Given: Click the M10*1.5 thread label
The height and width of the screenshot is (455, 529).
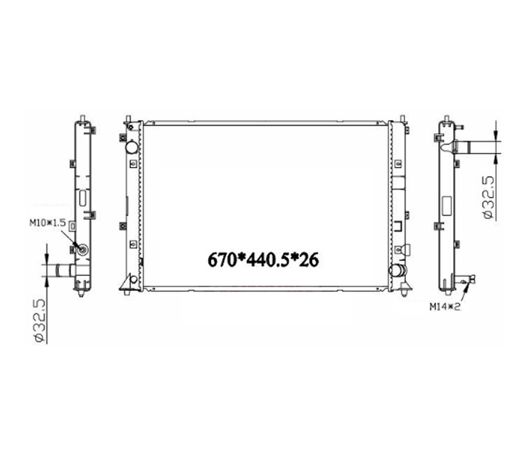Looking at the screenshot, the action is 47,222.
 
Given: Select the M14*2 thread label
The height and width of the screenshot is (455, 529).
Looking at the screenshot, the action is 445,307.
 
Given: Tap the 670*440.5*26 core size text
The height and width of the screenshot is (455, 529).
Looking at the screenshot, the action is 263,260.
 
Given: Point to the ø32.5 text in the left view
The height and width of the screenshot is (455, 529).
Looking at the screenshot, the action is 40,320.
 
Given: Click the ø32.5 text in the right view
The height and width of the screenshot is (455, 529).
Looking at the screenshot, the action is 489,198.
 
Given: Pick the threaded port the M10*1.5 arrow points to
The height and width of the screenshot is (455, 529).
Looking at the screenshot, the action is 82,250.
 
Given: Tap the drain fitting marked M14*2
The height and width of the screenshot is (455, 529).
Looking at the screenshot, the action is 467,280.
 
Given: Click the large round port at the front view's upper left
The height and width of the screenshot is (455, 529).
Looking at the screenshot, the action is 131,147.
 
